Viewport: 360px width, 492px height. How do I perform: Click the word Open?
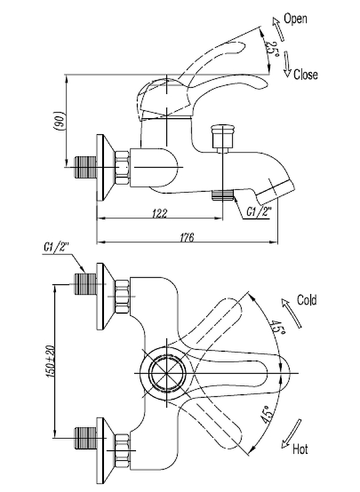pos(295,19)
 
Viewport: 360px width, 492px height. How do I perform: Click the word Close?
pos(305,74)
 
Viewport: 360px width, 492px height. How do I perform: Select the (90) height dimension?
pos(60,120)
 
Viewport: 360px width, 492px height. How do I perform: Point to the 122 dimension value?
pos(160,213)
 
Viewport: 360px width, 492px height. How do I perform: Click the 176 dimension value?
pos(186,237)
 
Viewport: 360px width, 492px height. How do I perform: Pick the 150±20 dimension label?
pos(51,361)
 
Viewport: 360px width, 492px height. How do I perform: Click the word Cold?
pos(306,300)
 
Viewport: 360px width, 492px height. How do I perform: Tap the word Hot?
pos(300,449)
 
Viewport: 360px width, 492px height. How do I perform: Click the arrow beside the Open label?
pos(278,29)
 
